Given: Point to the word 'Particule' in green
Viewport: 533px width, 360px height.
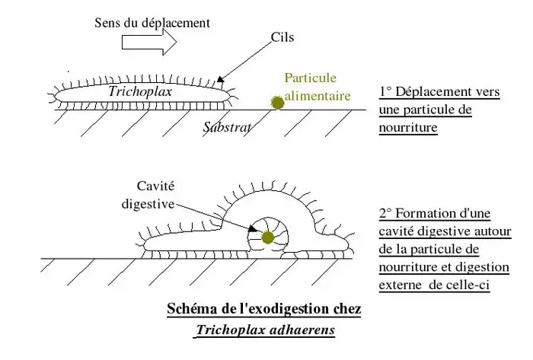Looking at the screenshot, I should click(x=310, y=78).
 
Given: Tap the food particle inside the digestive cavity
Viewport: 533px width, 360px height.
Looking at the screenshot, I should click(x=266, y=238).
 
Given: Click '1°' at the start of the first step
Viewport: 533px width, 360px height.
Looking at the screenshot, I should click(x=385, y=93).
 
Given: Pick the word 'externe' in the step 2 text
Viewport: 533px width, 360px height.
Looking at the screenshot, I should click(x=401, y=285).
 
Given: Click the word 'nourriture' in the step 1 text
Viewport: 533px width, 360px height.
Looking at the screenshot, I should click(x=408, y=128).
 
